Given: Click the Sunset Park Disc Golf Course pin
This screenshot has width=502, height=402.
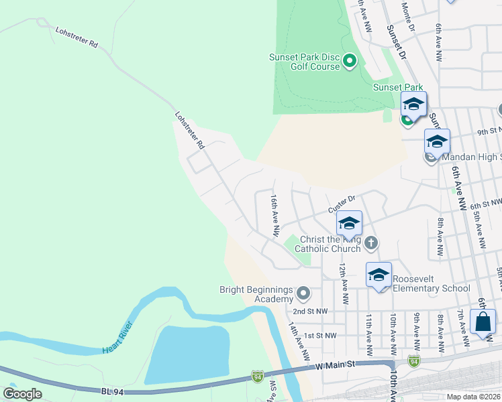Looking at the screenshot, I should click(349, 62).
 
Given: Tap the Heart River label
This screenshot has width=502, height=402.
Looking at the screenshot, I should click(118, 338).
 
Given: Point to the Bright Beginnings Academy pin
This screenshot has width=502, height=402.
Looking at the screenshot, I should click(303, 293).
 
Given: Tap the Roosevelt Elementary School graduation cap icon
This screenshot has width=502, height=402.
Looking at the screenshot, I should click(379, 275).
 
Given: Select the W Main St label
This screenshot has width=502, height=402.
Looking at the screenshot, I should click(336, 366).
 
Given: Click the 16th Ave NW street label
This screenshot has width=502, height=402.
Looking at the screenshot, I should click(274, 215).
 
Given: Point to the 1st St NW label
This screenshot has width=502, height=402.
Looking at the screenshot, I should click(319, 335).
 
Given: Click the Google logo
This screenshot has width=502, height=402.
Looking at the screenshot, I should click(22, 394).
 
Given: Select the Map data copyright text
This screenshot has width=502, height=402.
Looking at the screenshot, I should click(473, 397).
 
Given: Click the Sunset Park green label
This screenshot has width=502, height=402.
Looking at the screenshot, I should click(398, 87).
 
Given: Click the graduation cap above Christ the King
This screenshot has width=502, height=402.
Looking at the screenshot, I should click(349, 222).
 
